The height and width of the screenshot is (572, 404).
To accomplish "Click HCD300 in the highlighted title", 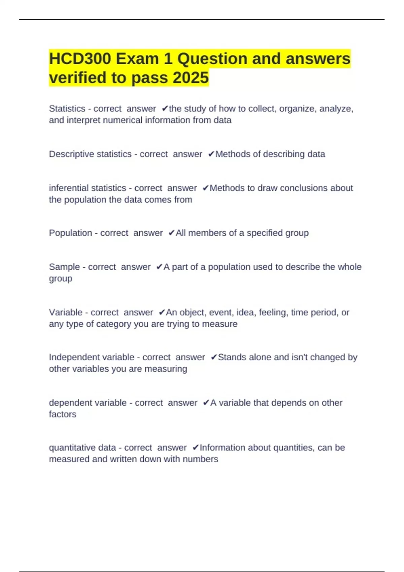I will point(80,59).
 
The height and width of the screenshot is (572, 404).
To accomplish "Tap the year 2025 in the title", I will point(191,78).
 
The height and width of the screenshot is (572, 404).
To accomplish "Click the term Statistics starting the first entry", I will point(67,109).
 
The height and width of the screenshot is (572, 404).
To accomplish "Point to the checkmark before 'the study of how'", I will point(165,109).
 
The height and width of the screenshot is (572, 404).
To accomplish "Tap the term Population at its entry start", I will point(70,233).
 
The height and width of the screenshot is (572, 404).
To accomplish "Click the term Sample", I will point(64,267).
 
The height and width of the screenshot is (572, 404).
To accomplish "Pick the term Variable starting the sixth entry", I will point(66,312).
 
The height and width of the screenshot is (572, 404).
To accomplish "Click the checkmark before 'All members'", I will point(171,233).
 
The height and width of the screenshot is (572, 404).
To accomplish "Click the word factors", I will point(63,414).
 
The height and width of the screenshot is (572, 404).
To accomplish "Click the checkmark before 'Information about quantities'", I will point(195,448).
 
